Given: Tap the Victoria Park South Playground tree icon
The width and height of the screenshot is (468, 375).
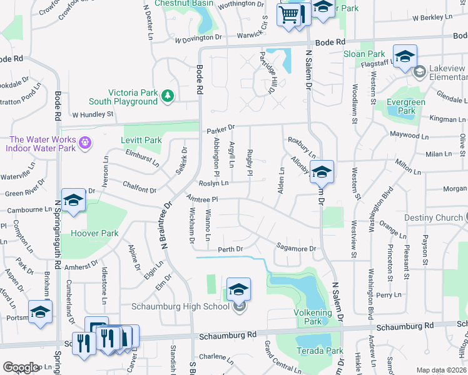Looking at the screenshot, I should pos(167,96).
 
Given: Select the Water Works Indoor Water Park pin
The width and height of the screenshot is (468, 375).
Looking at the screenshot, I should pos(85,144).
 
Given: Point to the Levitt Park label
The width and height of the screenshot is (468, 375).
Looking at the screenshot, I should pos(144,140).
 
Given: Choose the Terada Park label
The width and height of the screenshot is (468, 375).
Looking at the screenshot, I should pos(319,351).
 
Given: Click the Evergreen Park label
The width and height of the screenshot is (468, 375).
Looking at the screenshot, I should pos(407,106).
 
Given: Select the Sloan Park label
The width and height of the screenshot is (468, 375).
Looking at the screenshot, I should pos(364,54).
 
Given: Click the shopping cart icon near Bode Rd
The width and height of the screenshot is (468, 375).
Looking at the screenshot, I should pos(289,14).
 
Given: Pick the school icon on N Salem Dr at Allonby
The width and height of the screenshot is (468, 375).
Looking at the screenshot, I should pos(322,171).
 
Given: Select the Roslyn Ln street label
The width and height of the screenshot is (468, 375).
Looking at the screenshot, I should pos(213,183).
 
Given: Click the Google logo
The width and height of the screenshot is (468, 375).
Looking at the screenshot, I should pos(21,367).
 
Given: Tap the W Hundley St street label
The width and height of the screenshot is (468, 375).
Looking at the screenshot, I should pos(93,114).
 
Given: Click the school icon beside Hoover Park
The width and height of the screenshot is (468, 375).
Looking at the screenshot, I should pos(73,200).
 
